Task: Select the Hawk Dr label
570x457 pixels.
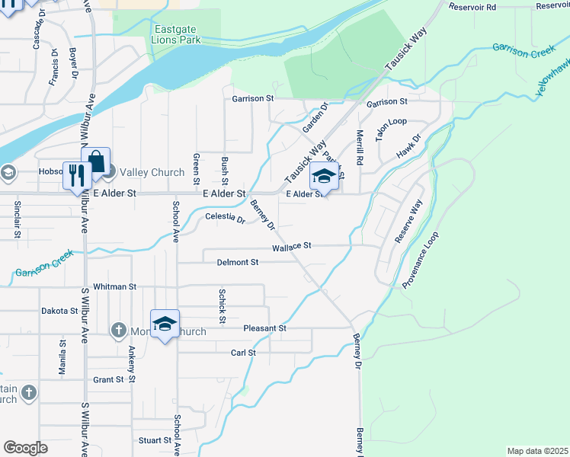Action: (408, 148)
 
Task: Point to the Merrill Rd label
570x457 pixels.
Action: (360, 148)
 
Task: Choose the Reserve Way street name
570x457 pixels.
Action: (408, 221)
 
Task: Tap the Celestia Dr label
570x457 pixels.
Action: (226, 219)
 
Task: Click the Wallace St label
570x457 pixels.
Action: (293, 247)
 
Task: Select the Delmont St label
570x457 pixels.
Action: (238, 262)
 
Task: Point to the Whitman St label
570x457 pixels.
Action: (114, 287)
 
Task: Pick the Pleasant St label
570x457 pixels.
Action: (264, 328)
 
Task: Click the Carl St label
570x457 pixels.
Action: (243, 353)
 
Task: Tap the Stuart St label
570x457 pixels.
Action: (155, 440)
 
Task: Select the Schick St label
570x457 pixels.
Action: (223, 305)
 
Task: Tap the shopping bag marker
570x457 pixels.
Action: (96, 161)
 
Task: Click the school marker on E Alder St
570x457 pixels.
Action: (324, 177)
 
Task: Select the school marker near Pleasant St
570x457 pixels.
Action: (165, 324)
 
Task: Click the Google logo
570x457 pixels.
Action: (25, 448)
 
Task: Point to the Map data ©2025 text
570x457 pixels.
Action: (537, 451)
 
